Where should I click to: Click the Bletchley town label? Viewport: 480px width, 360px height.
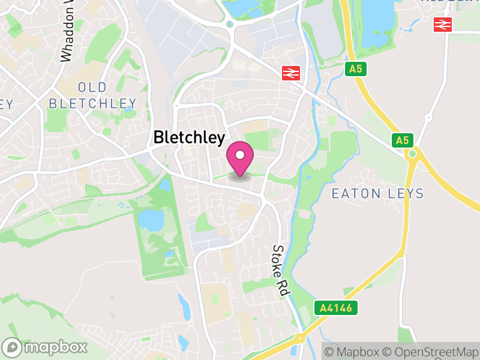190,137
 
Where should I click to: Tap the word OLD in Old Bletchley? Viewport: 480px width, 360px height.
92,87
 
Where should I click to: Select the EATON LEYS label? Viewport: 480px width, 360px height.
377,193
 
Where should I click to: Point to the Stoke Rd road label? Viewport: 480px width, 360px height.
280,269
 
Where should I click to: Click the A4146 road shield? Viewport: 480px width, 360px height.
336,308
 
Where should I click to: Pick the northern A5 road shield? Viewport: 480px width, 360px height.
356,69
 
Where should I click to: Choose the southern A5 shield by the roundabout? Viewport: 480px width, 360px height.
402,140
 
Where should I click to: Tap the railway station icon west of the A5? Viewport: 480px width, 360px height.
291,73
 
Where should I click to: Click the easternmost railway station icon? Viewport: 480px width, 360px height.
443,24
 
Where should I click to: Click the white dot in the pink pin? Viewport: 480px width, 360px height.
240,155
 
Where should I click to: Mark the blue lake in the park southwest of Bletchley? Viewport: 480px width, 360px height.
151,221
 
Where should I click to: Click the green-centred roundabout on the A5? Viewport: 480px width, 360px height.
412,154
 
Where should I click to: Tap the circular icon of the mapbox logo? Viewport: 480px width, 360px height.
13,347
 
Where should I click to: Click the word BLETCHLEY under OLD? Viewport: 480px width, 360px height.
92,103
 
